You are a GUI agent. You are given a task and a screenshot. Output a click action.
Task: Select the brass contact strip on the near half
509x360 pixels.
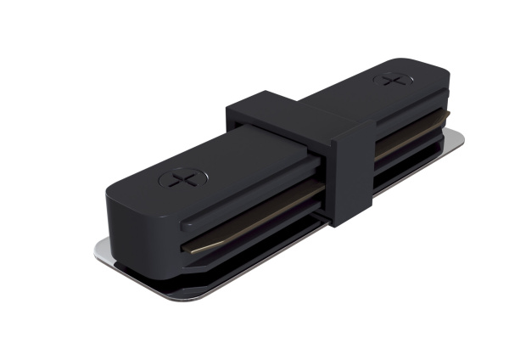(x=255, y=230)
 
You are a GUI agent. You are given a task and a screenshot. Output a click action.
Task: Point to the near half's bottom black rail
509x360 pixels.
(x=246, y=255)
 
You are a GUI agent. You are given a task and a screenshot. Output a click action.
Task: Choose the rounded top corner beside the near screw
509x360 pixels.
(x=127, y=183)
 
